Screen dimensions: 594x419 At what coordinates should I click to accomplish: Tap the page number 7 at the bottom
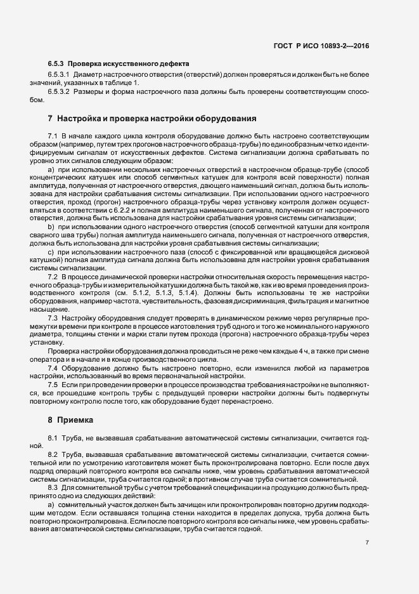[367, 543]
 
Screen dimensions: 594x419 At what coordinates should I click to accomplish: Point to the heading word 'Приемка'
[75, 420]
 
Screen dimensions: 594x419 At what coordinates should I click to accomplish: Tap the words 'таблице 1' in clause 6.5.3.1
[120, 84]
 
